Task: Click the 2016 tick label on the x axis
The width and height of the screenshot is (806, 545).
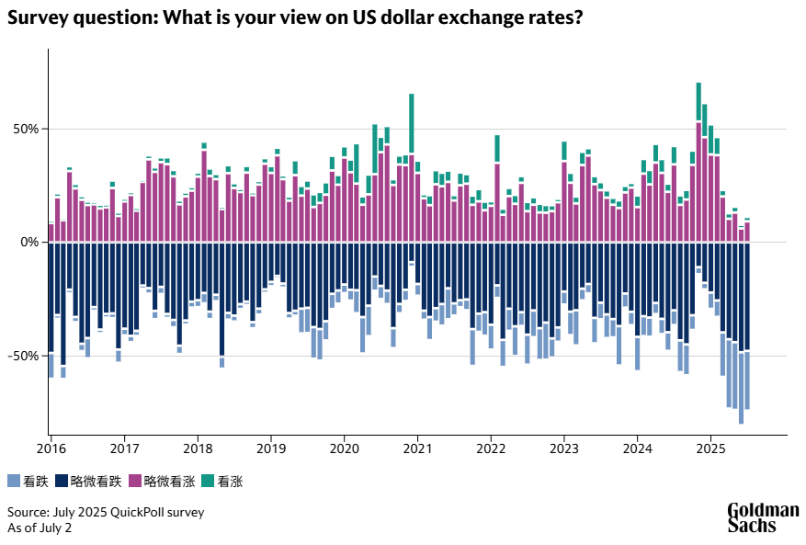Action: coord(51,448)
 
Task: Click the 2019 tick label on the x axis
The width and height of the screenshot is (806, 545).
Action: coord(270,448)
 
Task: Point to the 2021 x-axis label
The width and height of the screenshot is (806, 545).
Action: coord(417,448)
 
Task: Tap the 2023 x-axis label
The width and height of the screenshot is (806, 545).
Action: coord(563,448)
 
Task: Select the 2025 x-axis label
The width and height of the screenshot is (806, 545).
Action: coord(710,448)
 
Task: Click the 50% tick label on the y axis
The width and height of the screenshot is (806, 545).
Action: coord(25,129)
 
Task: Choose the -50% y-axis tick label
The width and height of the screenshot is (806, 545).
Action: coord(23,356)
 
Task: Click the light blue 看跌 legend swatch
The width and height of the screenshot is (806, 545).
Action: coord(13,481)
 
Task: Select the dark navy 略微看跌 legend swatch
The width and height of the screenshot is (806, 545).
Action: coord(62,481)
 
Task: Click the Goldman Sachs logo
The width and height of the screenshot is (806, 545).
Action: coord(763,517)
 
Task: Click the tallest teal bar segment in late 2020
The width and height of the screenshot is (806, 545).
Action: coord(412,122)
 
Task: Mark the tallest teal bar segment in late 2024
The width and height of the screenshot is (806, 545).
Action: coord(698,101)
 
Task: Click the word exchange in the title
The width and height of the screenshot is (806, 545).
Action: coord(476,18)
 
